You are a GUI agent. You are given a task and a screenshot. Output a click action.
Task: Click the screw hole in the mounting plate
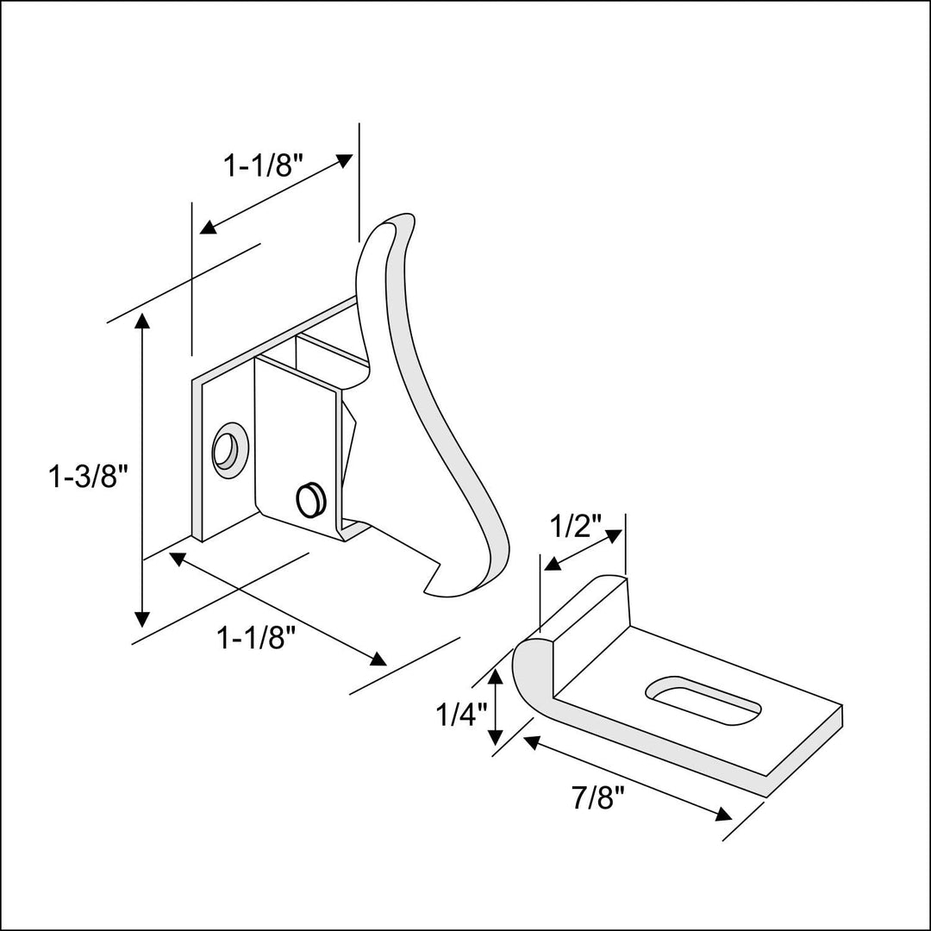(229, 449)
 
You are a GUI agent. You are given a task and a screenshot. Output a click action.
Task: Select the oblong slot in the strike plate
(703, 697)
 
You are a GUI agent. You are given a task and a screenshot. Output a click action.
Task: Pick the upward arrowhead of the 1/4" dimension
(496, 678)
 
